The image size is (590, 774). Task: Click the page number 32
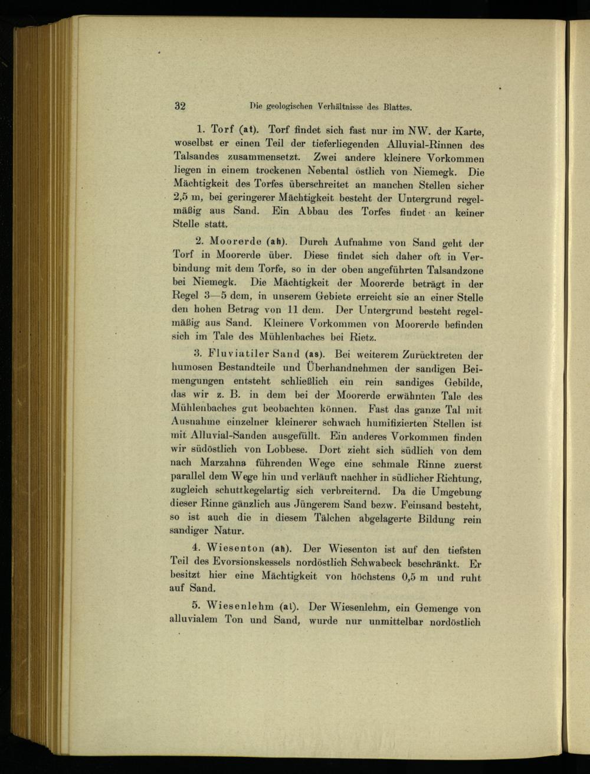pos(180,106)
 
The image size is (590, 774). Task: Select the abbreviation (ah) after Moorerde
pos(276,241)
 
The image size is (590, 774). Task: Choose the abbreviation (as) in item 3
pos(313,355)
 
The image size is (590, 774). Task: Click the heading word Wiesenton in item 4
pos(235,548)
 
